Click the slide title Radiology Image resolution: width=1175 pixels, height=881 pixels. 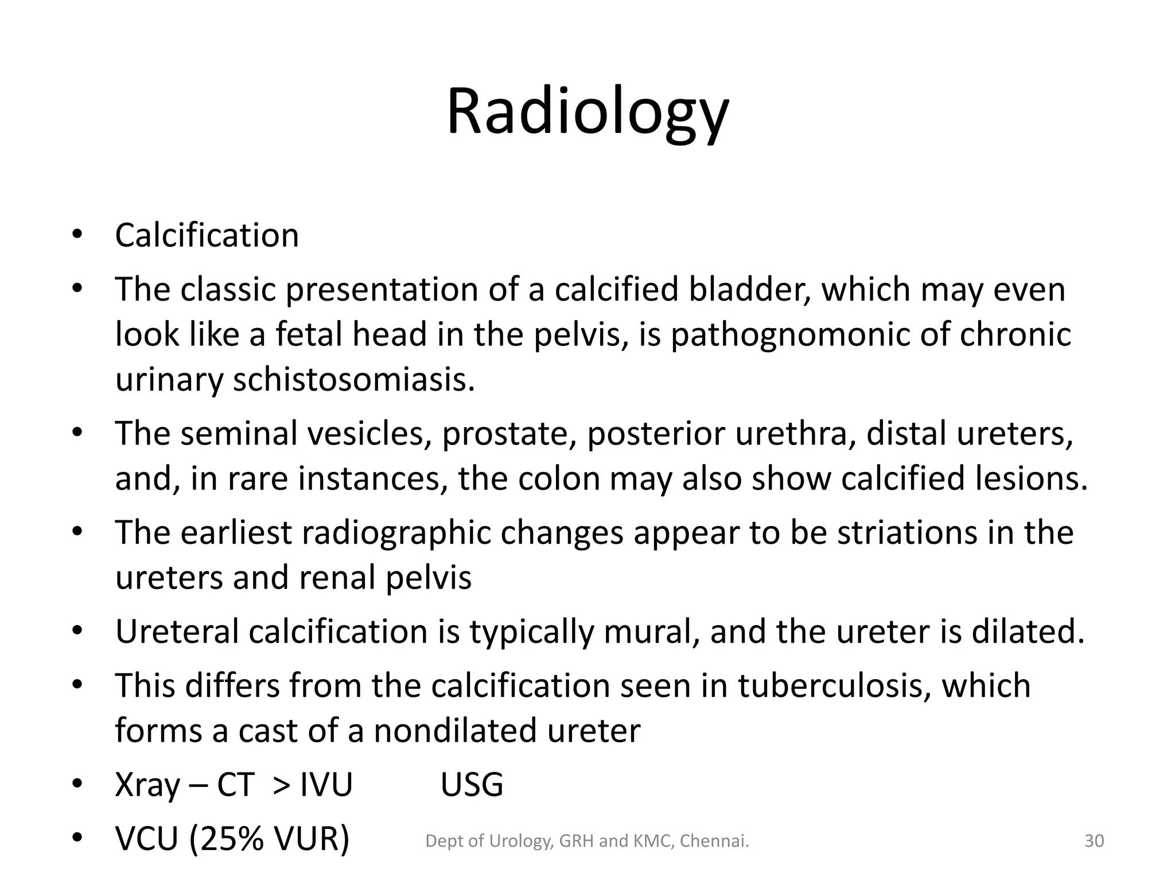pos(587,112)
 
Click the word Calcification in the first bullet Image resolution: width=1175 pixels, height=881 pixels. pos(207,235)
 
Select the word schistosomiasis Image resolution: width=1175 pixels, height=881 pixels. pos(353,379)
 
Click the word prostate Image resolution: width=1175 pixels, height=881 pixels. pos(508,433)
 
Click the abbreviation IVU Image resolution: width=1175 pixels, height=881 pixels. pos(326,785)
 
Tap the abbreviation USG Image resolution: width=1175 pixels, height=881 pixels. pos(472,785)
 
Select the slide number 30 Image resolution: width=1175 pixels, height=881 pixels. pos(1094,841)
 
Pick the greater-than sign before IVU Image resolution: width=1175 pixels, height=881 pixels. pos(281,785)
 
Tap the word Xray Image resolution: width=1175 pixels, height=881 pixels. pos(147,785)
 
